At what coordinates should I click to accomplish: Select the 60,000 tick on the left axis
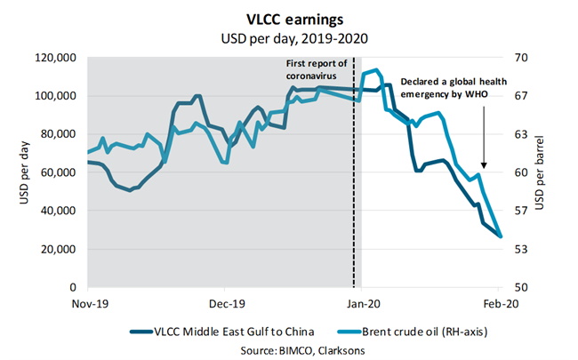tap(58, 172)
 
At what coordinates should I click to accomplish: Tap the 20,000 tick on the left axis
tap(58, 249)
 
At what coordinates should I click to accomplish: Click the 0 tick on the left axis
tap(75, 288)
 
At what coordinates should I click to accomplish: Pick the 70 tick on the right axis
tap(521, 58)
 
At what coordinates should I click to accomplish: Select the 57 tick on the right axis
tap(521, 211)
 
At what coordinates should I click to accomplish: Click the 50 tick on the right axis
tap(521, 288)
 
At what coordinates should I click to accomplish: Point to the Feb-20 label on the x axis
tap(500, 302)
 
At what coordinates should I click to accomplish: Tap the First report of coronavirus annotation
tap(317, 69)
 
